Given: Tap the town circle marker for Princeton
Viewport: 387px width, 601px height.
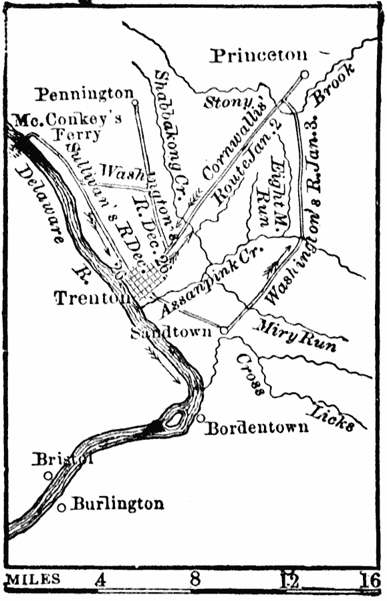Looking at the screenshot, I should (x=305, y=75).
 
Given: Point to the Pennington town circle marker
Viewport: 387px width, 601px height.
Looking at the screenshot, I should (x=135, y=103).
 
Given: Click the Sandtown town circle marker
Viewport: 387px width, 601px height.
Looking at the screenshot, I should (x=225, y=330).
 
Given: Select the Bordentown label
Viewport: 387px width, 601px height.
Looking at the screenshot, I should (x=257, y=427).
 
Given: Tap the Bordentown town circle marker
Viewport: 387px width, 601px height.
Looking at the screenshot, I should (x=201, y=418).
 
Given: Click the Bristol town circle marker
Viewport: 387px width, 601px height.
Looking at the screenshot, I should (x=48, y=475).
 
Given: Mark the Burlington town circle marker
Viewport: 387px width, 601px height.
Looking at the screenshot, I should (x=61, y=508).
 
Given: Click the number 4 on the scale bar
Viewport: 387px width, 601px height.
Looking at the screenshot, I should (x=101, y=580).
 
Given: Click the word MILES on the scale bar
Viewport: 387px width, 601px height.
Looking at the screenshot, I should (x=32, y=580).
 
